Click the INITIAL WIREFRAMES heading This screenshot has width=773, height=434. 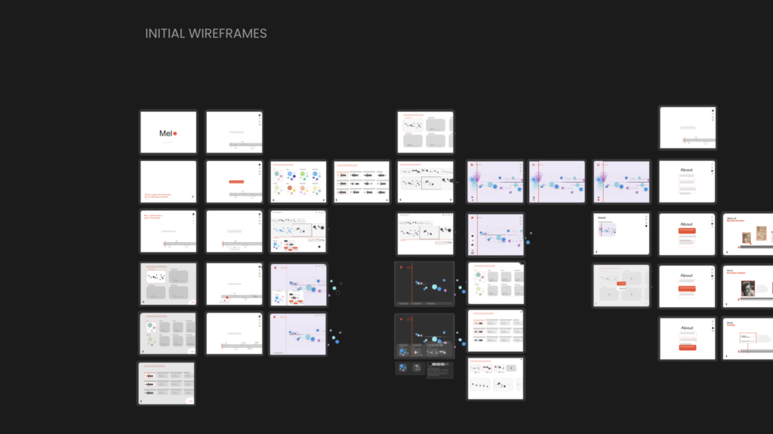[205, 34]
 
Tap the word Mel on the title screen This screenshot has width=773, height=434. [165, 134]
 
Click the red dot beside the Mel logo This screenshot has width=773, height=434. [175, 134]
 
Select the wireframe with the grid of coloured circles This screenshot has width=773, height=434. [298, 182]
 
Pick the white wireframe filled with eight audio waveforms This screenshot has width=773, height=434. [362, 182]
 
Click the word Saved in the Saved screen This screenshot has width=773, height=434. [602, 217]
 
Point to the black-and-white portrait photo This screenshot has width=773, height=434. [747, 288]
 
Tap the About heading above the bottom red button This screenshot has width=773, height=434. [686, 328]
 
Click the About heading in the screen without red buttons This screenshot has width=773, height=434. [686, 170]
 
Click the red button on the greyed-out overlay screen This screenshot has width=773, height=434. [621, 284]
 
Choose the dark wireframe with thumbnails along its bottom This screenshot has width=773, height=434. [424, 336]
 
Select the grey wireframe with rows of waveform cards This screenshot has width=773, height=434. [166, 383]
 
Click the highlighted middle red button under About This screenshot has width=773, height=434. [686, 288]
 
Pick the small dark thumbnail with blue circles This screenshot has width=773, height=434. [403, 368]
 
